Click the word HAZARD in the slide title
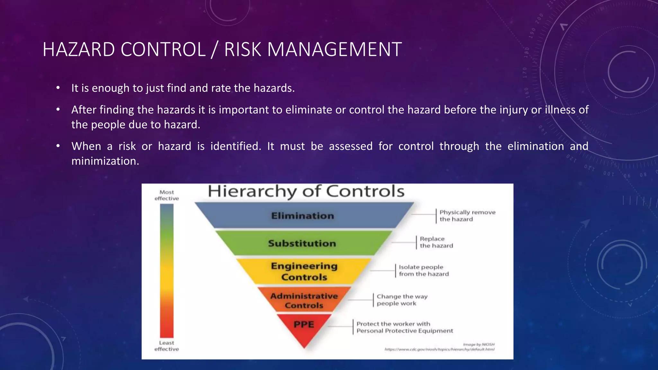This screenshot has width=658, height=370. pyautogui.click(x=79, y=49)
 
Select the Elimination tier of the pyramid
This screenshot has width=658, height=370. pyautogui.click(x=303, y=216)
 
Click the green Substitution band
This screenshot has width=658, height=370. pyautogui.click(x=302, y=243)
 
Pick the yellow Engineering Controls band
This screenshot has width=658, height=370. pyautogui.click(x=304, y=271)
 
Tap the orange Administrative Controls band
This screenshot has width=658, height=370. pyautogui.click(x=304, y=300)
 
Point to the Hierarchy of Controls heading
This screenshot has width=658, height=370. pyautogui.click(x=306, y=191)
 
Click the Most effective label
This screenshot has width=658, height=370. pyautogui.click(x=166, y=195)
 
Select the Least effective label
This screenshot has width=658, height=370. pyautogui.click(x=166, y=346)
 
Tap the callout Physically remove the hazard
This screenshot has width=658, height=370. pyautogui.click(x=467, y=216)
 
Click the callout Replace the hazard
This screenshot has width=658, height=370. pyautogui.click(x=436, y=242)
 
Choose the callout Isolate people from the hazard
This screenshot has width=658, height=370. pyautogui.click(x=423, y=270)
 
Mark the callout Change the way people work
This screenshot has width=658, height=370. pyautogui.click(x=402, y=300)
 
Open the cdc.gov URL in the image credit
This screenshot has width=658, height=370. pyautogui.click(x=439, y=349)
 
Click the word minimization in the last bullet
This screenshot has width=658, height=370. pyautogui.click(x=105, y=161)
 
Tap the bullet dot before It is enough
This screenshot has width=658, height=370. pyautogui.click(x=58, y=88)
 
